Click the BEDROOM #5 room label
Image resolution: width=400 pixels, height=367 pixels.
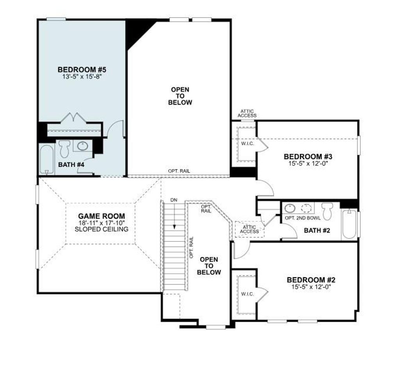[x=82, y=70]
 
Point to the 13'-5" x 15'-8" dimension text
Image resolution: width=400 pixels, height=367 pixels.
[x=82, y=76]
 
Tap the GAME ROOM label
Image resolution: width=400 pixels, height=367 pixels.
[x=102, y=216]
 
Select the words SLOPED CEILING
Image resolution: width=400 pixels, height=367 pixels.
[x=102, y=229]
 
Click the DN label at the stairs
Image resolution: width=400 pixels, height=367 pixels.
[x=174, y=200]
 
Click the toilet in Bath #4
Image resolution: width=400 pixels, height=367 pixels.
[x=64, y=149]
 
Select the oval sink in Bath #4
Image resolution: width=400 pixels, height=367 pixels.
[x=82, y=146]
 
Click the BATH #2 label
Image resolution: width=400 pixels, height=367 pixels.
[x=317, y=230]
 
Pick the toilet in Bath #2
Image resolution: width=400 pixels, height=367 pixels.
[x=327, y=211]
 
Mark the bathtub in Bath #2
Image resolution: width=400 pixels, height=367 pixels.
[x=349, y=225]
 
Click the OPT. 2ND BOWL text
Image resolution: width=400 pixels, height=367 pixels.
[x=302, y=218]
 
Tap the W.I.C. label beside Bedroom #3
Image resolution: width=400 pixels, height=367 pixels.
[x=247, y=144]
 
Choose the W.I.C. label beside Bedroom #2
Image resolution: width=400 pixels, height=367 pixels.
[x=247, y=294]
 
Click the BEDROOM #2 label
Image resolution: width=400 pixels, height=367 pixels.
[x=311, y=280]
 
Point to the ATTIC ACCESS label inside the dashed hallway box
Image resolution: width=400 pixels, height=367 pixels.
[x=249, y=229]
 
